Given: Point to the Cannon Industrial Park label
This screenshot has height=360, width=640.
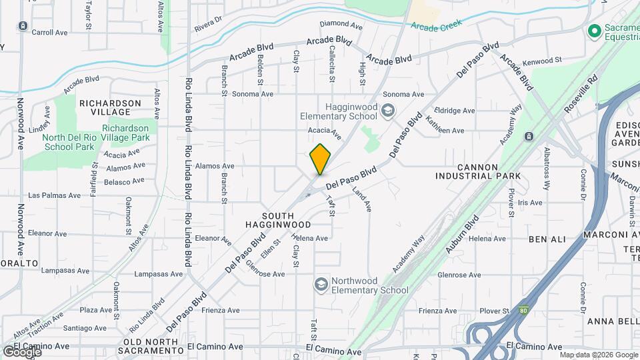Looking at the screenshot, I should click(x=478, y=171).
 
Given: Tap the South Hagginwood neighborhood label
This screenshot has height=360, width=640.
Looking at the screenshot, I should click(x=296, y=221).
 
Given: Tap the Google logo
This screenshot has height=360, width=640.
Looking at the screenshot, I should click(x=22, y=351).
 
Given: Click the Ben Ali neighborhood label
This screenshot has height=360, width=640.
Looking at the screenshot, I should click(x=547, y=238).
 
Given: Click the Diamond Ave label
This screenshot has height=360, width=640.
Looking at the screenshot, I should click(x=341, y=25).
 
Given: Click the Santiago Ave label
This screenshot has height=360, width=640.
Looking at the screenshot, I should click(x=84, y=328).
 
